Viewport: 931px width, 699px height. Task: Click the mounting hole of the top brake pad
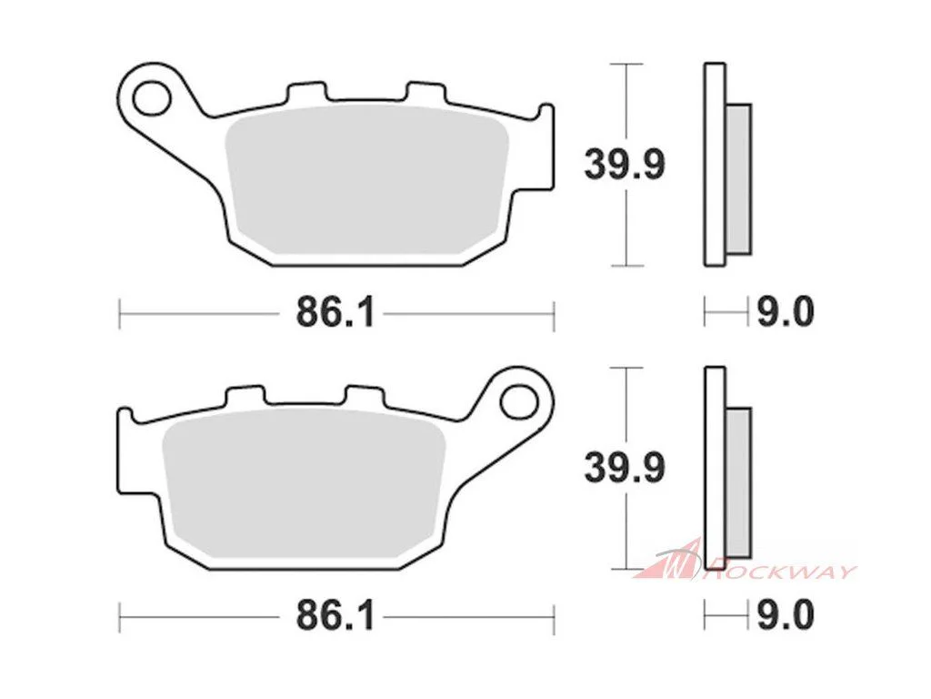pyautogui.click(x=152, y=97)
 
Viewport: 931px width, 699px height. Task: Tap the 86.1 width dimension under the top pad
pyautogui.click(x=335, y=312)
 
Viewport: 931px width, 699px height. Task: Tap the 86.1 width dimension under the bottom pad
pyautogui.click(x=335, y=616)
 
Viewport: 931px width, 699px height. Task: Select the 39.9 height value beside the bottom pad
pyautogui.click(x=625, y=468)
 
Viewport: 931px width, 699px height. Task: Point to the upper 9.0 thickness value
pyautogui.click(x=785, y=312)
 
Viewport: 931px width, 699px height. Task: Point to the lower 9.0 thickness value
pyautogui.click(x=785, y=616)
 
